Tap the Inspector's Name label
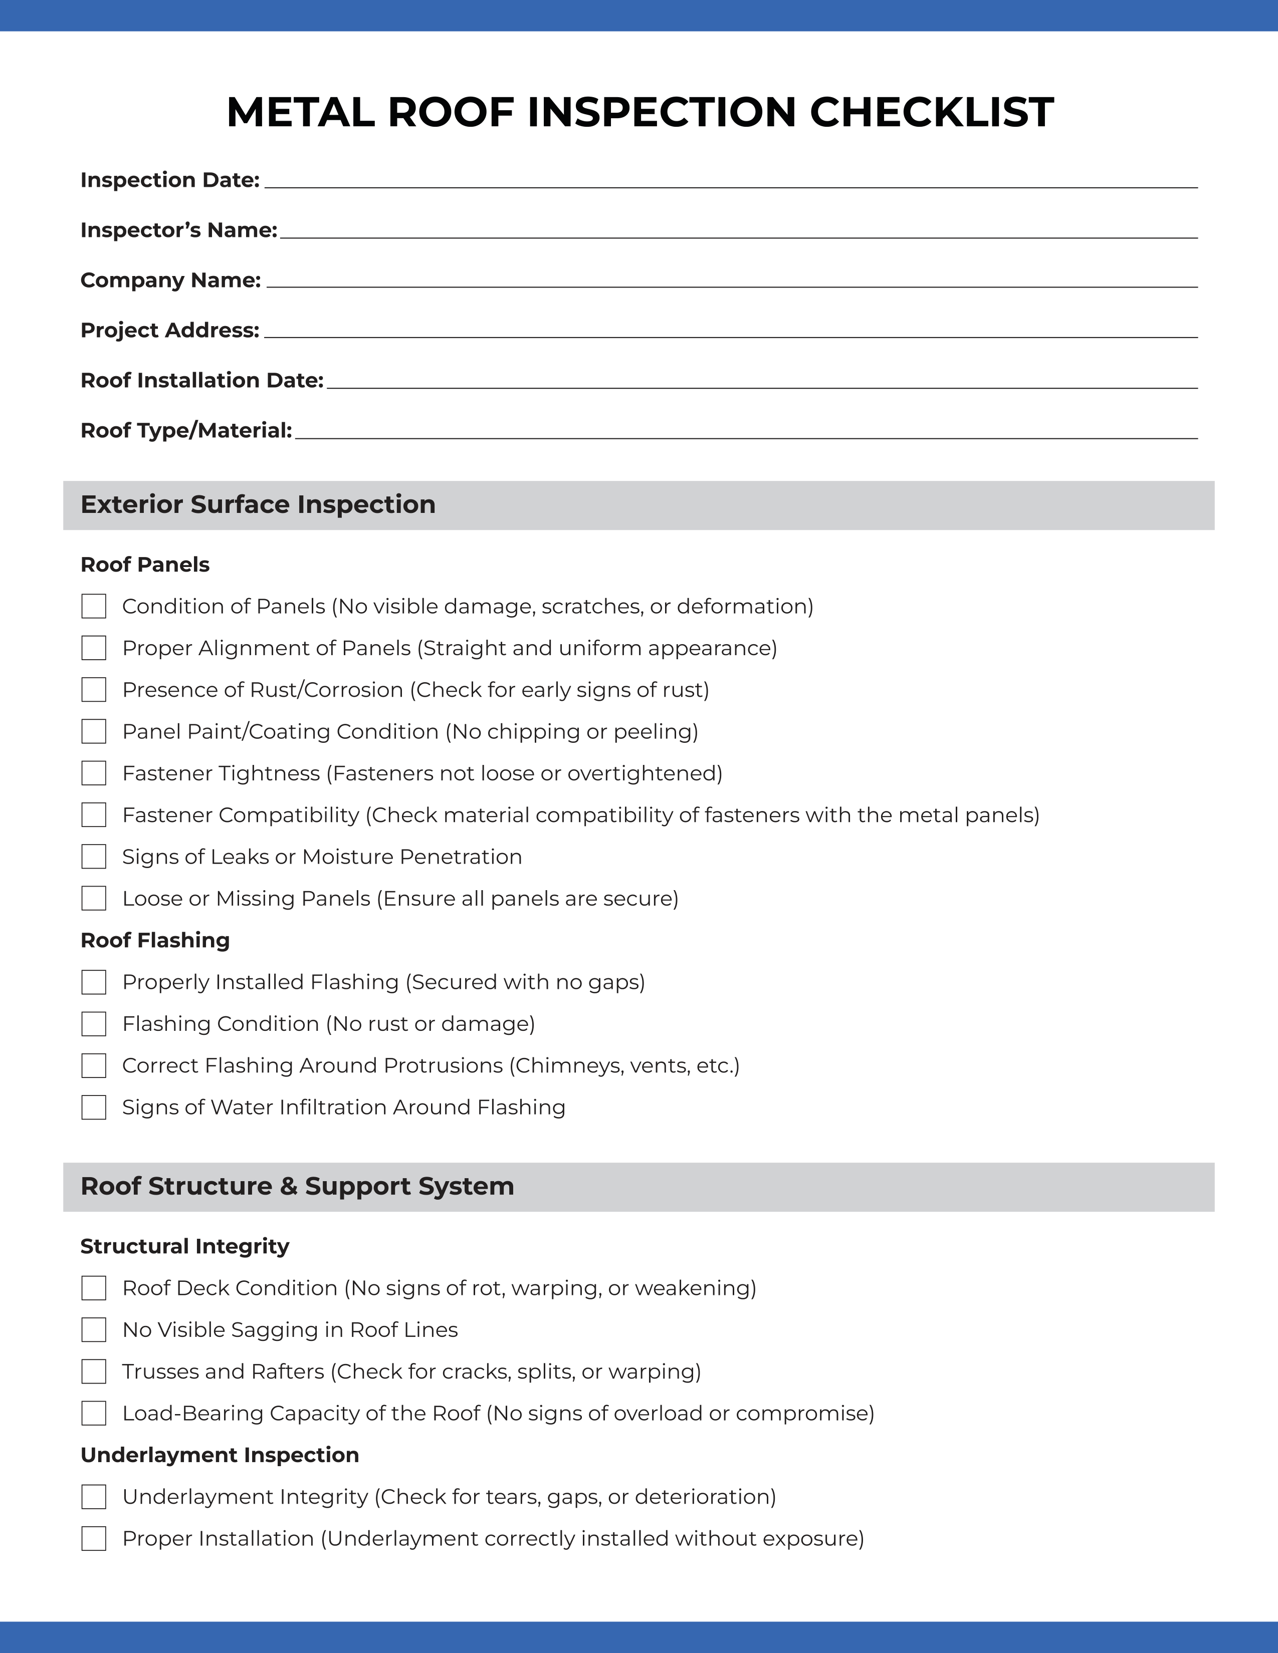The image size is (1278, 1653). point(179,230)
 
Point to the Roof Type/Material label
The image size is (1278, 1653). point(186,431)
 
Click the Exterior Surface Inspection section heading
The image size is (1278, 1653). point(258,505)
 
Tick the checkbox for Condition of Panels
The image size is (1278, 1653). point(94,606)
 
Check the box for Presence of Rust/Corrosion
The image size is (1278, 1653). point(94,690)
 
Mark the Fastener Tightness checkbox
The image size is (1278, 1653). point(94,773)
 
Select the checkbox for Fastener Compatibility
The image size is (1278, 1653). point(94,815)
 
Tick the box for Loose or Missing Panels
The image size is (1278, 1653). point(94,899)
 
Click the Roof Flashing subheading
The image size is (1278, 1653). point(155,940)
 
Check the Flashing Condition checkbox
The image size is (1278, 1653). point(94,1024)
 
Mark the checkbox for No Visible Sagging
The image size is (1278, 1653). point(94,1330)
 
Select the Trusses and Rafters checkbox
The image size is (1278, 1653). point(94,1371)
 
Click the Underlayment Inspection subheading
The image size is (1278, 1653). point(220,1455)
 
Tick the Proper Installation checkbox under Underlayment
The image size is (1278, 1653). point(94,1539)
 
